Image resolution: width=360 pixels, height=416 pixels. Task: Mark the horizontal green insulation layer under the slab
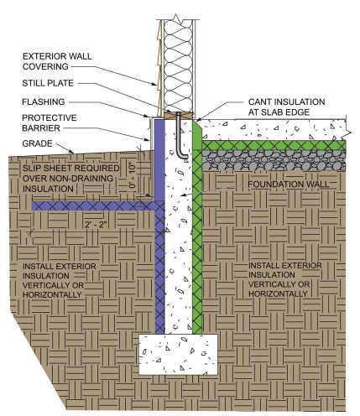(x=277, y=145)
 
